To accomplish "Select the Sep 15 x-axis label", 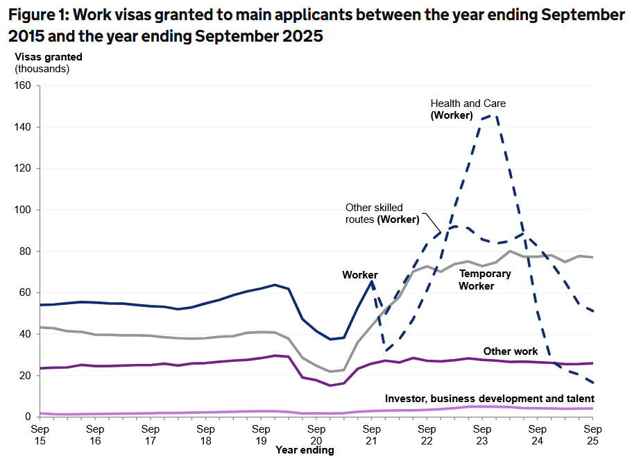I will pyautogui.click(x=40, y=435).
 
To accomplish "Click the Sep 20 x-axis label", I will pyautogui.click(x=316, y=435).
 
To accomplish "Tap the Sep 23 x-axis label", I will pyautogui.click(x=481, y=435).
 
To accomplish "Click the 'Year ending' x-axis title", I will pyautogui.click(x=305, y=451).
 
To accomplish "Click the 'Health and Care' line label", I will pyautogui.click(x=468, y=103).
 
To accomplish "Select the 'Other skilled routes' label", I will pyautogui.click(x=374, y=208).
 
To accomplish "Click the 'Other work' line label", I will pyautogui.click(x=511, y=351).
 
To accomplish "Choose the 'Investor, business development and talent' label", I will pyautogui.click(x=490, y=399).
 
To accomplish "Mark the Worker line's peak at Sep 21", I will pyautogui.click(x=373, y=281).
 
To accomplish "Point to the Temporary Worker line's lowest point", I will pyautogui.click(x=331, y=372).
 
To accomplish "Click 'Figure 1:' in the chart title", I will pyautogui.click(x=42, y=15).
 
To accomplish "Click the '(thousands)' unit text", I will pyautogui.click(x=42, y=68).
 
